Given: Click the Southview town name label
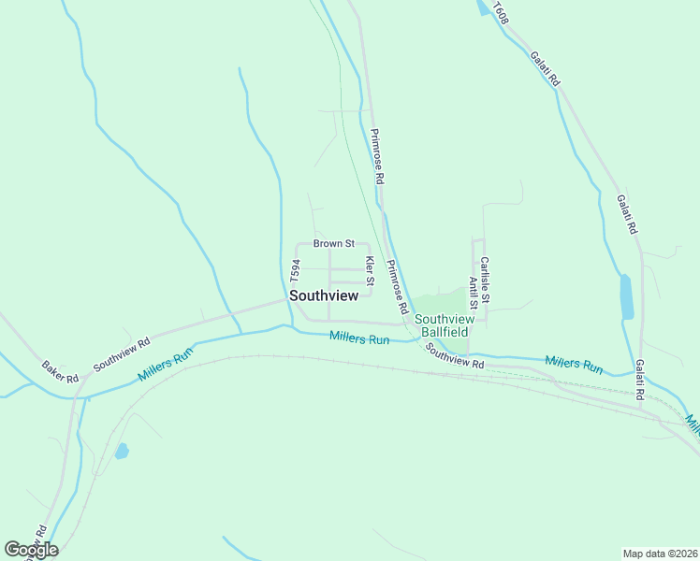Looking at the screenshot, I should tap(324, 295).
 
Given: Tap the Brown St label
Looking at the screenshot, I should tap(333, 243).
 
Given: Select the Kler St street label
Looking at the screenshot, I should tap(370, 270).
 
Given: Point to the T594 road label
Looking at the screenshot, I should tap(294, 272).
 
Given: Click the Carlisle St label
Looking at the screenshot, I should tap(484, 274).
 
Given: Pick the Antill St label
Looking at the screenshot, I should tap(474, 292).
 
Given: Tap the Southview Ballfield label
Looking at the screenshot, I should tap(445, 324).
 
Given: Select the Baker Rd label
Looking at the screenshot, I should tap(60, 371).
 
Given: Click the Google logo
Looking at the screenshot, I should tap(31, 549).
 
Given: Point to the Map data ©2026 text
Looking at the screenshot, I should tap(661, 553).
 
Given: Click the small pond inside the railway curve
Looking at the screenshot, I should tap(122, 451).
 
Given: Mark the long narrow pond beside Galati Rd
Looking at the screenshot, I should tap(625, 296).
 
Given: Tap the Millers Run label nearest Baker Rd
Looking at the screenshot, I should tap(165, 363).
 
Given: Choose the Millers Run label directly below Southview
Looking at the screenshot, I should tap(359, 339).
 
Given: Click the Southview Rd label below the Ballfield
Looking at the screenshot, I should tap(454, 356).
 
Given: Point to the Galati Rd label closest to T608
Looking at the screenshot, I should tap(545, 69).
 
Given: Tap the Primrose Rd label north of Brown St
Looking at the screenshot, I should tap(377, 155).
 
